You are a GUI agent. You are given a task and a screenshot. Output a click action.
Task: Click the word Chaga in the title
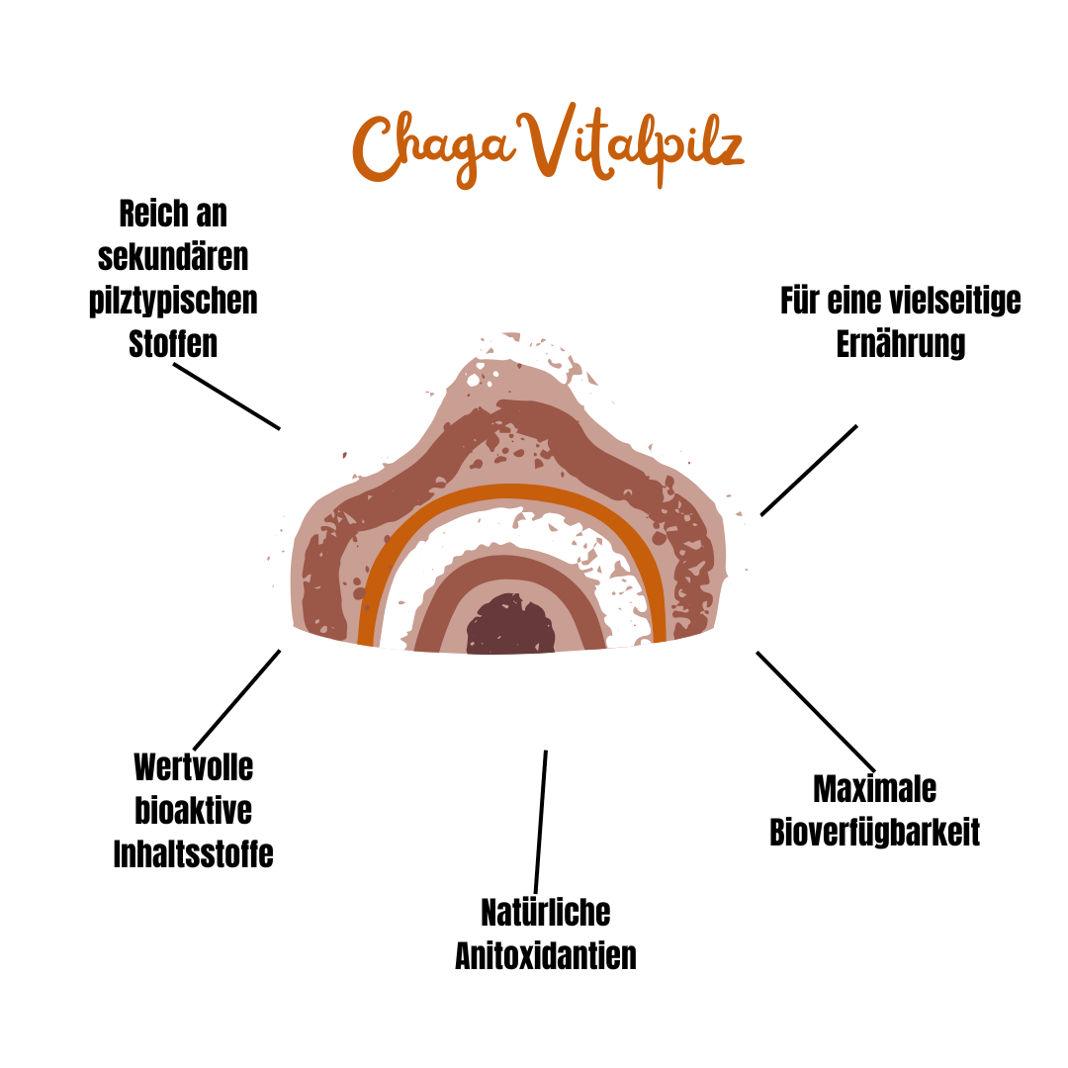coord(435,148)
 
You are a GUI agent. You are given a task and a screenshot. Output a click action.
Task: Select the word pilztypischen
coord(173,300)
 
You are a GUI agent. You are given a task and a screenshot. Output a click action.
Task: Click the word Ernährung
coord(901,344)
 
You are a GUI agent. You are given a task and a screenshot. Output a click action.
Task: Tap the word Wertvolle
coord(194,766)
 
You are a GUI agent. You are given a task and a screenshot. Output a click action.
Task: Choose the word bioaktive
coord(194,810)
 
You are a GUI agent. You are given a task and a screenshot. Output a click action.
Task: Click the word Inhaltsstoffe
coord(194,853)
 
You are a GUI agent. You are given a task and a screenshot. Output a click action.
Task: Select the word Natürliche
coord(546,912)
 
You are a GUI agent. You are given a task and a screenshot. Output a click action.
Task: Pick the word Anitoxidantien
coord(546,955)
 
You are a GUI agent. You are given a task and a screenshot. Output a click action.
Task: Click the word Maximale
coord(875,789)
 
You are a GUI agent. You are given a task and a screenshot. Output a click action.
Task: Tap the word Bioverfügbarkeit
coord(875,833)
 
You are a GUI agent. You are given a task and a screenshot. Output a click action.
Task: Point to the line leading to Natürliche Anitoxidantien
coord(541,821)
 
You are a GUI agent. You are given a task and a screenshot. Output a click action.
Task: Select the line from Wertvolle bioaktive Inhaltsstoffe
coord(237,699)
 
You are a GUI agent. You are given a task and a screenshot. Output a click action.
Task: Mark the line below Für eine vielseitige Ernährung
coord(809,470)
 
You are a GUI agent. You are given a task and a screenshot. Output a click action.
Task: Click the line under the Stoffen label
coord(226,396)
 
